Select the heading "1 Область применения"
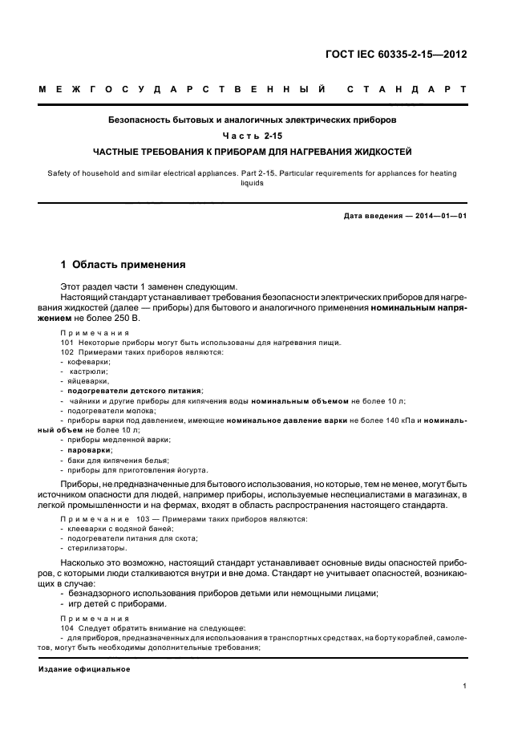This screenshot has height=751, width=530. point(123,264)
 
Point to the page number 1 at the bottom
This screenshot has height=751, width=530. point(465,685)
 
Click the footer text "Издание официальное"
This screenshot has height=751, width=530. point(84,669)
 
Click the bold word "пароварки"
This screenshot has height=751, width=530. point(91,450)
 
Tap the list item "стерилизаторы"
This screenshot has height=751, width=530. point(98,549)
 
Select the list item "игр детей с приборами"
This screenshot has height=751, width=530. point(117,603)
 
